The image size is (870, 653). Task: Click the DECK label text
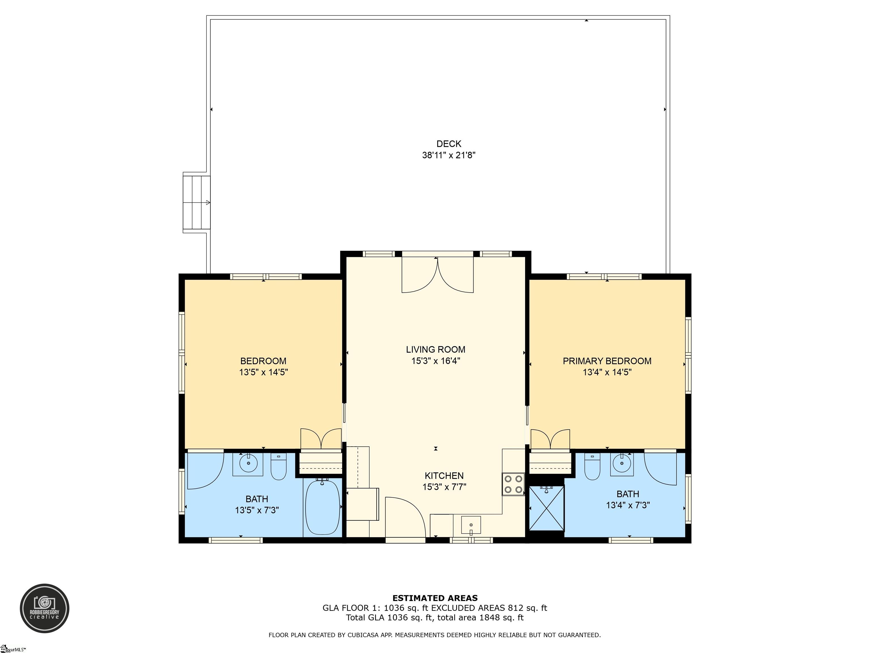pyautogui.click(x=449, y=144)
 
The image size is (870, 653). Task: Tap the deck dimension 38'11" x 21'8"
pyautogui.click(x=449, y=155)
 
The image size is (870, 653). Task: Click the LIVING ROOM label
pyautogui.click(x=436, y=349)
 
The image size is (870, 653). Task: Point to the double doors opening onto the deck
pyautogui.click(x=437, y=275)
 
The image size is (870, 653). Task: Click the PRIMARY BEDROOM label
pyautogui.click(x=607, y=361)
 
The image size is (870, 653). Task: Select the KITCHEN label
pyautogui.click(x=444, y=476)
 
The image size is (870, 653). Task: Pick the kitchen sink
pyautogui.click(x=471, y=525)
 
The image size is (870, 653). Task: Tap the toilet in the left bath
pyautogui.click(x=279, y=467)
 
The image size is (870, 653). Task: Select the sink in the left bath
pyautogui.click(x=248, y=464)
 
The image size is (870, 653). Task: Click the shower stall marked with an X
pyautogui.click(x=547, y=508)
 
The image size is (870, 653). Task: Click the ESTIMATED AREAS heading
pyautogui.click(x=435, y=598)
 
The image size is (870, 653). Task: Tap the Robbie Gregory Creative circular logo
pyautogui.click(x=44, y=608)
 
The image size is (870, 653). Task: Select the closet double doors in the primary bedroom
pyautogui.click(x=550, y=439)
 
